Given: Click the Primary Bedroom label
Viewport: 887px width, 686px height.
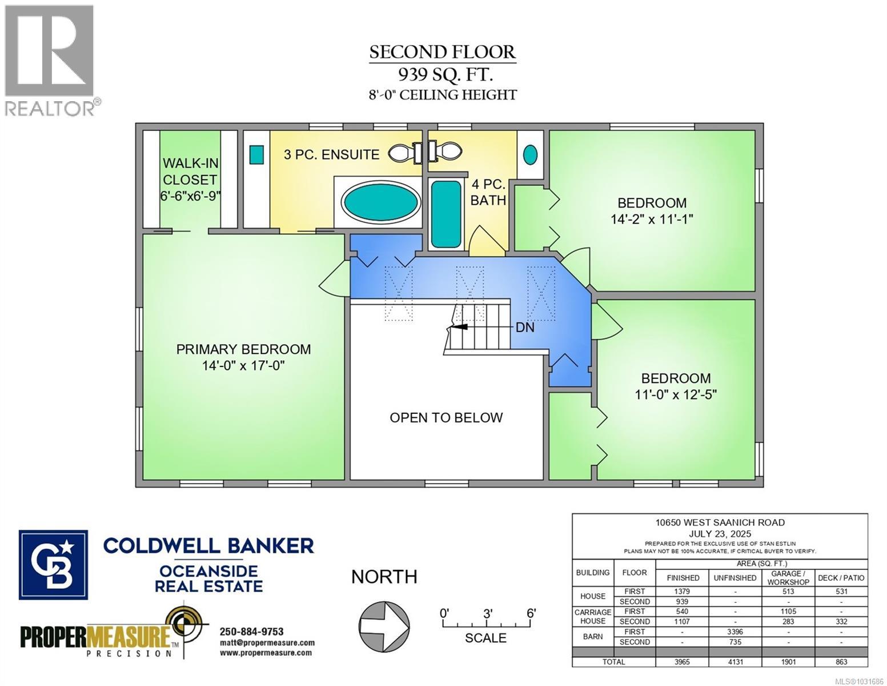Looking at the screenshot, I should (243, 349).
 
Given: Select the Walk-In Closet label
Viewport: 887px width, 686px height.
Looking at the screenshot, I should (190, 171).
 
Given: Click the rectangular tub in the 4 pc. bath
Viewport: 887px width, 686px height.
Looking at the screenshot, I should (445, 214).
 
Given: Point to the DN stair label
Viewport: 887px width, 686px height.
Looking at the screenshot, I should (525, 328).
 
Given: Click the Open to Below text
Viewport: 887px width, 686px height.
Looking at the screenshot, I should (446, 418).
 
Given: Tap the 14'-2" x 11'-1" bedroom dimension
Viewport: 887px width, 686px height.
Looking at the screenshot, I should (652, 219).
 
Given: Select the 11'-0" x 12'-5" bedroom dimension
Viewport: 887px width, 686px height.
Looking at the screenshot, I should (676, 394).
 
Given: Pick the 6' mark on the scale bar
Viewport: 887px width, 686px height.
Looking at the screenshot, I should (531, 614).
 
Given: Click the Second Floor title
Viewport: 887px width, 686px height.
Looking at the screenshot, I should (442, 52).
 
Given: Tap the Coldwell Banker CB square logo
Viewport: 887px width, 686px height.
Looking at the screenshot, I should (54, 564).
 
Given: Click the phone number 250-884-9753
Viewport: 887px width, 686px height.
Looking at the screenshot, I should (251, 632).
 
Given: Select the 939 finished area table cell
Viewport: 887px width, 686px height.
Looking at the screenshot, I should (683, 601).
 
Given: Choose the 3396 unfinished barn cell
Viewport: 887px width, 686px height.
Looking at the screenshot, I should (735, 632).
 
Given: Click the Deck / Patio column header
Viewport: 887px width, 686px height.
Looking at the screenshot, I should (841, 578).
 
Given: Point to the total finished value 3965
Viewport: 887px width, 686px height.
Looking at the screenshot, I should (683, 662).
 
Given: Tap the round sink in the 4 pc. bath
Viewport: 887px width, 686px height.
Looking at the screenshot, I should (531, 154).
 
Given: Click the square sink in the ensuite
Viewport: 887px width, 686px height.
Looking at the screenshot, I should (256, 154).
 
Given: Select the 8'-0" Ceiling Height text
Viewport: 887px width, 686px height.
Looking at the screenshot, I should (443, 95).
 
